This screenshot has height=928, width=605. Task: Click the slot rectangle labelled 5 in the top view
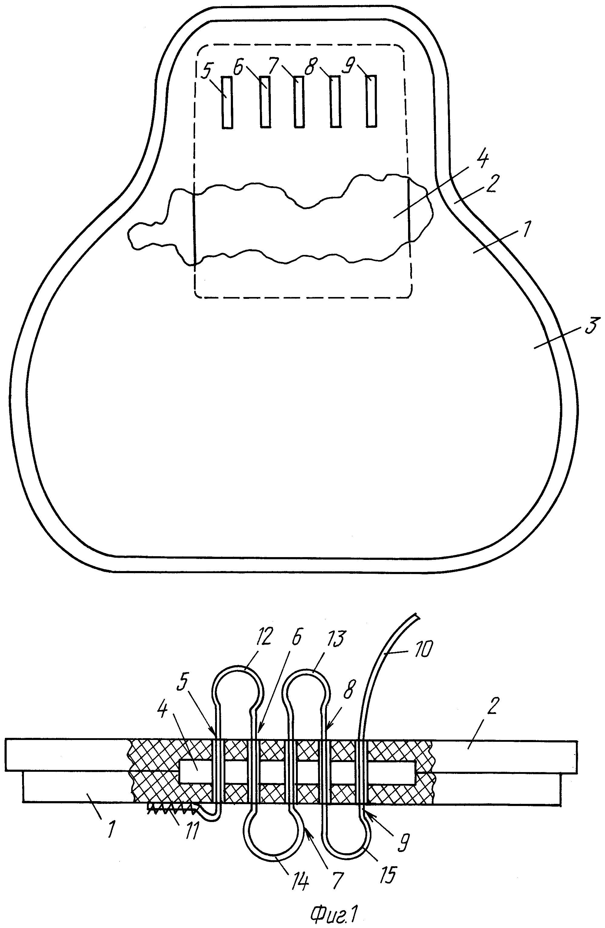click(x=227, y=102)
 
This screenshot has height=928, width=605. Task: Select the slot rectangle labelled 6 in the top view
click(x=265, y=101)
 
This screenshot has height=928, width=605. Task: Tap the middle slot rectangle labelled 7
click(x=299, y=101)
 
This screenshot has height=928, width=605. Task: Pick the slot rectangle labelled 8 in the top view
click(x=335, y=101)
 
